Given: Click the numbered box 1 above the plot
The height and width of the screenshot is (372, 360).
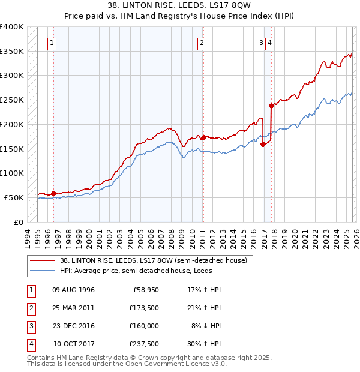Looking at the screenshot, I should [x=53, y=43].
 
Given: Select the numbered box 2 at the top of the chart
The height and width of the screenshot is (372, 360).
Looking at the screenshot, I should [x=203, y=43].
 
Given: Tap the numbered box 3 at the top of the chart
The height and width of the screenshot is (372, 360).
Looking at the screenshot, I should [x=262, y=43].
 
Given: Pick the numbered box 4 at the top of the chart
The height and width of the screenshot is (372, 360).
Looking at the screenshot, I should [x=271, y=43].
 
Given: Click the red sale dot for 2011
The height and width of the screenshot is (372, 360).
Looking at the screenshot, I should [x=203, y=137].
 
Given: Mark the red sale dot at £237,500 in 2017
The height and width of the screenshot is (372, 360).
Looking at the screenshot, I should [x=271, y=106].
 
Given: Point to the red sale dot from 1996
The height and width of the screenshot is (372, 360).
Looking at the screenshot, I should [x=53, y=193].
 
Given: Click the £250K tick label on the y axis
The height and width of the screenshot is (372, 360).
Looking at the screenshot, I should [x=12, y=100].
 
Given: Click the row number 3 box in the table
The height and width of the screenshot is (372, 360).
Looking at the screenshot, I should [x=31, y=326].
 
